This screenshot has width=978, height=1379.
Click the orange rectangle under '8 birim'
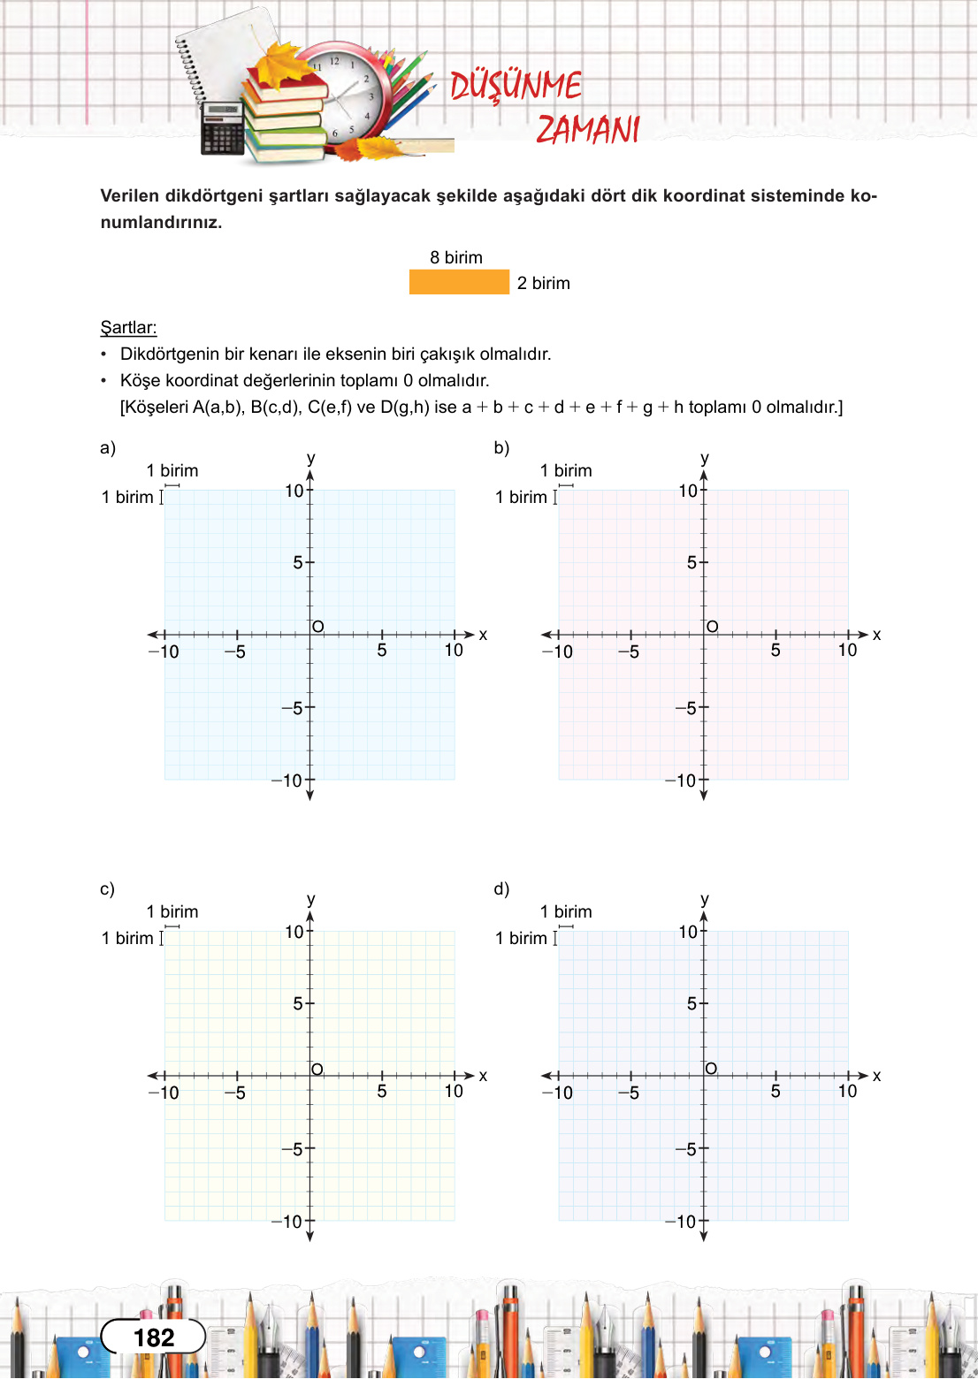(x=459, y=282)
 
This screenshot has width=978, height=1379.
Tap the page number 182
(x=154, y=1337)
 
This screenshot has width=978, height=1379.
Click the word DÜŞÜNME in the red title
(x=516, y=87)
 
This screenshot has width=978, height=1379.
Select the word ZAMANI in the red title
(x=588, y=130)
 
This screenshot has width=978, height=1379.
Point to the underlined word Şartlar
(x=128, y=328)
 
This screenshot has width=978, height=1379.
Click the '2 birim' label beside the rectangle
(x=544, y=284)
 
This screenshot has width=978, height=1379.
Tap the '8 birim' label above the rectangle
(x=456, y=257)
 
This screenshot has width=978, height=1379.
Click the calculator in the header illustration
(x=222, y=128)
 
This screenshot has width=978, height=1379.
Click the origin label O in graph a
(x=318, y=627)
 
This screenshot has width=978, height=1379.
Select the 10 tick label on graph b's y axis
(x=688, y=491)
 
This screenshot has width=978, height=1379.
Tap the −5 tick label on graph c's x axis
(x=235, y=1093)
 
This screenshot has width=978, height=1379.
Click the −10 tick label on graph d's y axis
(x=681, y=1222)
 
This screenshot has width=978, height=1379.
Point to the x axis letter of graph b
(x=877, y=635)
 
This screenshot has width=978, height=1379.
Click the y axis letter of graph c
(x=311, y=899)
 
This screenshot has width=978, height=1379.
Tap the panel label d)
(x=501, y=888)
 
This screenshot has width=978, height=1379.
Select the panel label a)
(x=108, y=447)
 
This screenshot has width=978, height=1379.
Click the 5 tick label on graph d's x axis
(x=776, y=1091)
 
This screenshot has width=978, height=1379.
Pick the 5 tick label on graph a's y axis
(x=298, y=562)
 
